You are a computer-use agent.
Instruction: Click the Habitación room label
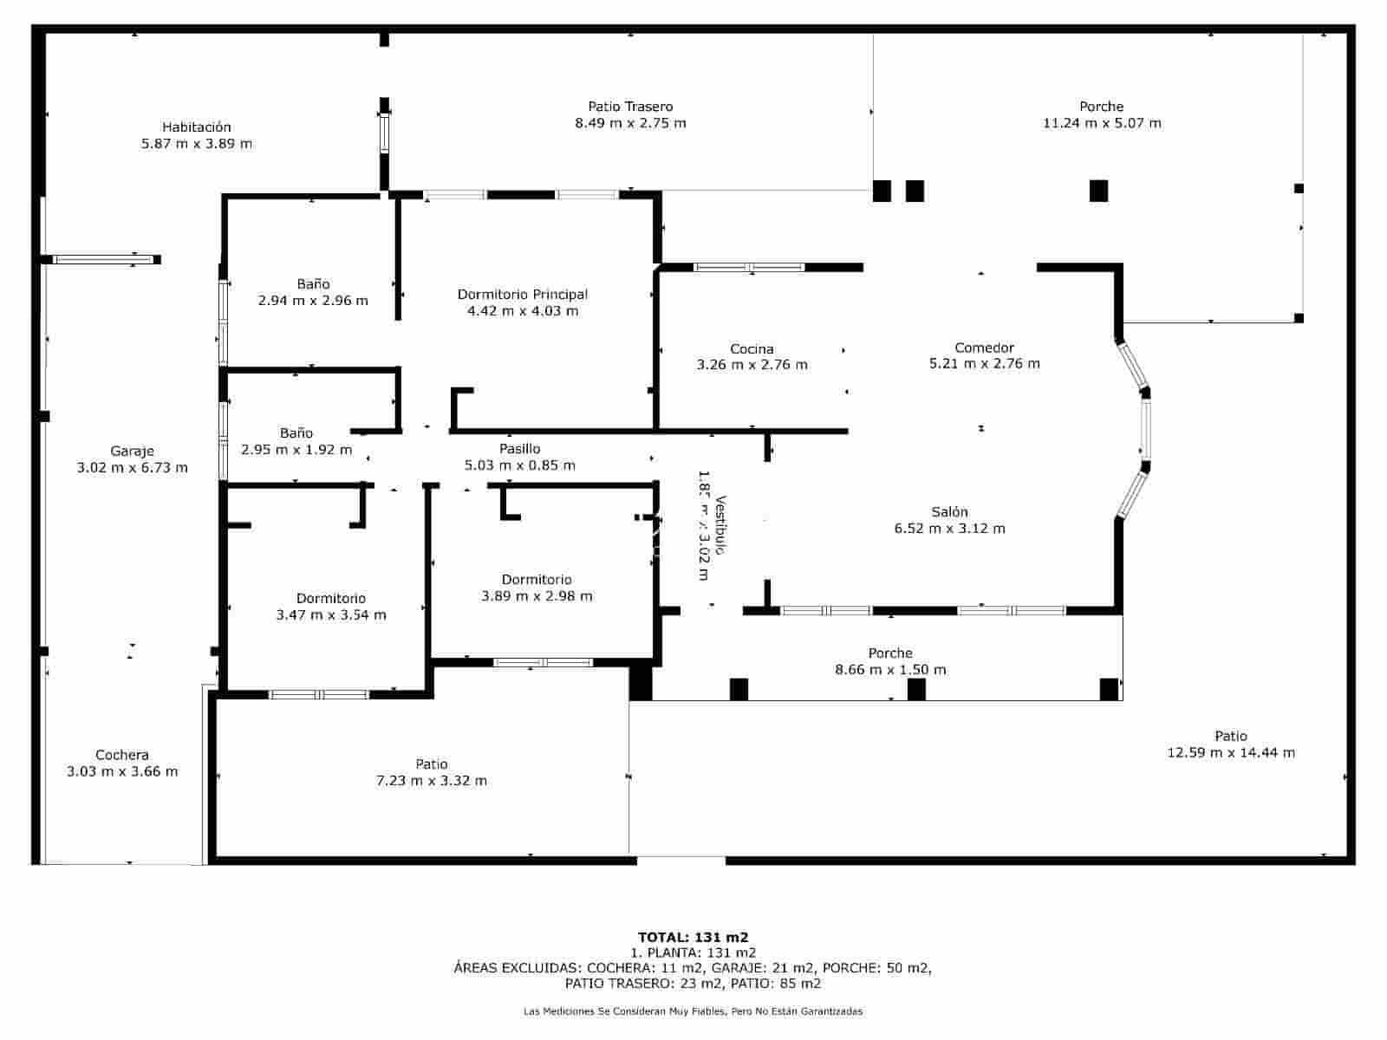coord(197,127)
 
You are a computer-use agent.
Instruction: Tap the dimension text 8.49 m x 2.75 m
coord(630,123)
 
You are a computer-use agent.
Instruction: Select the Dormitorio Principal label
coord(522,295)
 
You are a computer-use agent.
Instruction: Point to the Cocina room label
coord(752,349)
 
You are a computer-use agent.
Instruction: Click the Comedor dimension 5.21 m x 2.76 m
coord(984,364)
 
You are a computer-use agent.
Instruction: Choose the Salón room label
coord(949,512)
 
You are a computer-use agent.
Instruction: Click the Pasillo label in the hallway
coord(519,449)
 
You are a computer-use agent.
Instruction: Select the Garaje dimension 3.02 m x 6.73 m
coord(132,468)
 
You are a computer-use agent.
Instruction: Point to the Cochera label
coord(122,755)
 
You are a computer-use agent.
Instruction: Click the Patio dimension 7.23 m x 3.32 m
coord(431,781)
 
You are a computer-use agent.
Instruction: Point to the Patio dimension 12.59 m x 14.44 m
coord(1231,753)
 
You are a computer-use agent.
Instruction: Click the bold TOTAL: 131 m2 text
coord(693,937)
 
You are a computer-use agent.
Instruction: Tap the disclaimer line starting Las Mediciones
coord(693,1011)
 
